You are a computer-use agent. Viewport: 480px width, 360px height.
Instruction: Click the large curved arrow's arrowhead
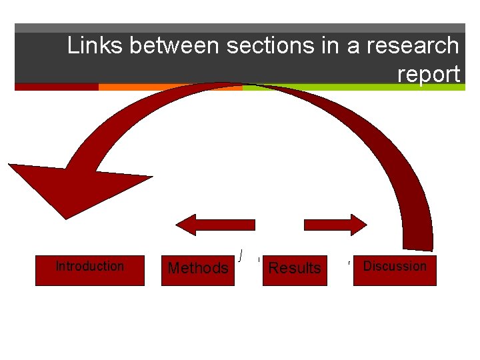coord(67,183)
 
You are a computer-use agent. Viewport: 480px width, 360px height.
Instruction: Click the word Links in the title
coord(96,46)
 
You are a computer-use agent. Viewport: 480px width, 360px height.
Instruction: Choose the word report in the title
coord(428,73)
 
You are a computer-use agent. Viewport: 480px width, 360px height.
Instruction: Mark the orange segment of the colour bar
coord(170,87)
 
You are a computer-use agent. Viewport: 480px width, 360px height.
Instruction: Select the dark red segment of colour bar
coord(57,87)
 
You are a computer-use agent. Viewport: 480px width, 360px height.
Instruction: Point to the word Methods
coord(198,268)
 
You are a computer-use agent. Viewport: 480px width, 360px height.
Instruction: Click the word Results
coord(295,268)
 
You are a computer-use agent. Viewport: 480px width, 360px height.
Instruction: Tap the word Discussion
coord(395,266)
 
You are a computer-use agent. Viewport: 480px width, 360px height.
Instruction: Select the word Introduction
coord(89,266)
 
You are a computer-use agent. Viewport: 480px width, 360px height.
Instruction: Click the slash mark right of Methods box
coord(240,254)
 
